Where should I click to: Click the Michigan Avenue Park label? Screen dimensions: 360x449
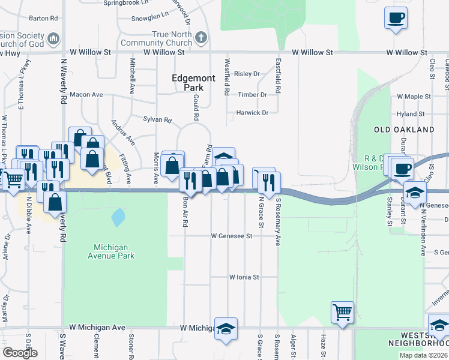pos(114,251)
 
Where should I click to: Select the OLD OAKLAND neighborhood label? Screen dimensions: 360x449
pos(403,130)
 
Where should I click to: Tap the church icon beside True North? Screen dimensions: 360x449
pos(201,38)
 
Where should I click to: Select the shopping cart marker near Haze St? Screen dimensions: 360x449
pos(342,311)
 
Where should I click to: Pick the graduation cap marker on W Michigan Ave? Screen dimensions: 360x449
pos(226,328)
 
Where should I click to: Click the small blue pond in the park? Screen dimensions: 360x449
pos(118,216)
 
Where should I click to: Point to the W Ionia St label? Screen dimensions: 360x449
pos(244,277)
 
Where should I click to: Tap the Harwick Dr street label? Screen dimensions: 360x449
pos(252,112)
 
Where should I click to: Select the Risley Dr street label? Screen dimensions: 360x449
pos(247,74)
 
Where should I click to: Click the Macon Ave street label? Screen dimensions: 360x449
pos(86,95)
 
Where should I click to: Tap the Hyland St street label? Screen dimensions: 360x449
pos(411,113)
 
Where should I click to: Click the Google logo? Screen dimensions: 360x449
pos(20,353)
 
